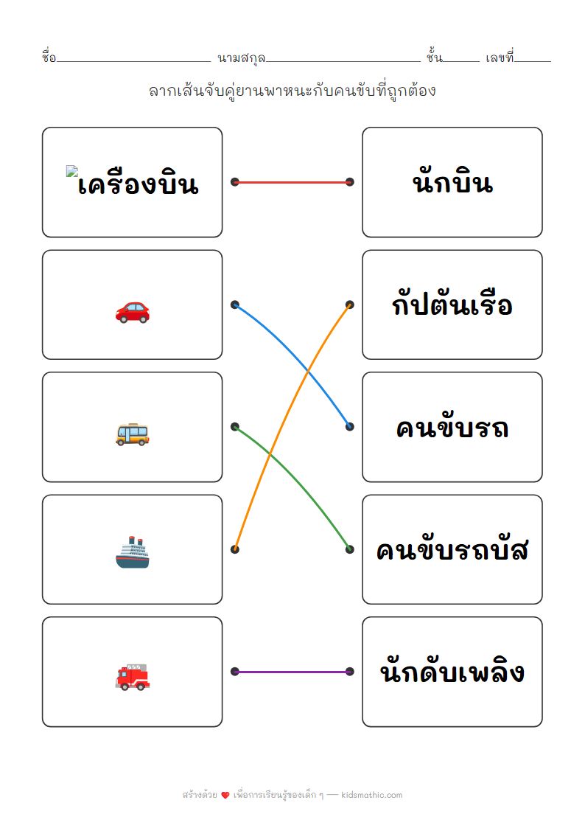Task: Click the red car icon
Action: click(133, 312)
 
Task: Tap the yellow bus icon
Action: click(133, 434)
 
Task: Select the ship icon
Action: click(133, 553)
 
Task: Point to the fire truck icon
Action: click(133, 676)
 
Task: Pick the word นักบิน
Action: click(452, 182)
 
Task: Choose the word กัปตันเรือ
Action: click(452, 305)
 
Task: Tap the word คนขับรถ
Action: click(452, 428)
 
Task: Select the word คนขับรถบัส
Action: click(452, 550)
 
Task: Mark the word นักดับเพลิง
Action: click(452, 672)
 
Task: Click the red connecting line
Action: click(292, 182)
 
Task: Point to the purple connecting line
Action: click(292, 672)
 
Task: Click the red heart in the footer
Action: click(225, 796)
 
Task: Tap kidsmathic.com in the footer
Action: click(373, 795)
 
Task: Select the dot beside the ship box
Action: click(235, 549)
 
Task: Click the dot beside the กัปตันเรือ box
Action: click(350, 305)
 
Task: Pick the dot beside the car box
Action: click(235, 305)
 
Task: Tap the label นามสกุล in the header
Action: click(242, 58)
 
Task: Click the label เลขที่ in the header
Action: click(500, 58)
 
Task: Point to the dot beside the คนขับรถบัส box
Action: click(350, 549)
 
